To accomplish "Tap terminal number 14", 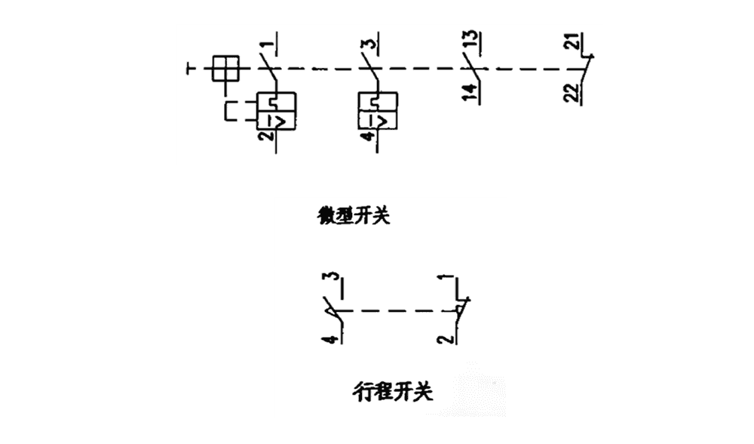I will tap(468, 94).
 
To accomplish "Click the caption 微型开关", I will tap(354, 217).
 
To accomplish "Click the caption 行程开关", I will tap(393, 391).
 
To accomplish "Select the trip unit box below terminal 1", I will tap(275, 111).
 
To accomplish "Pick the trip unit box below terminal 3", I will tap(377, 111).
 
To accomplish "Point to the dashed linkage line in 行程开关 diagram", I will tap(397, 310).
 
